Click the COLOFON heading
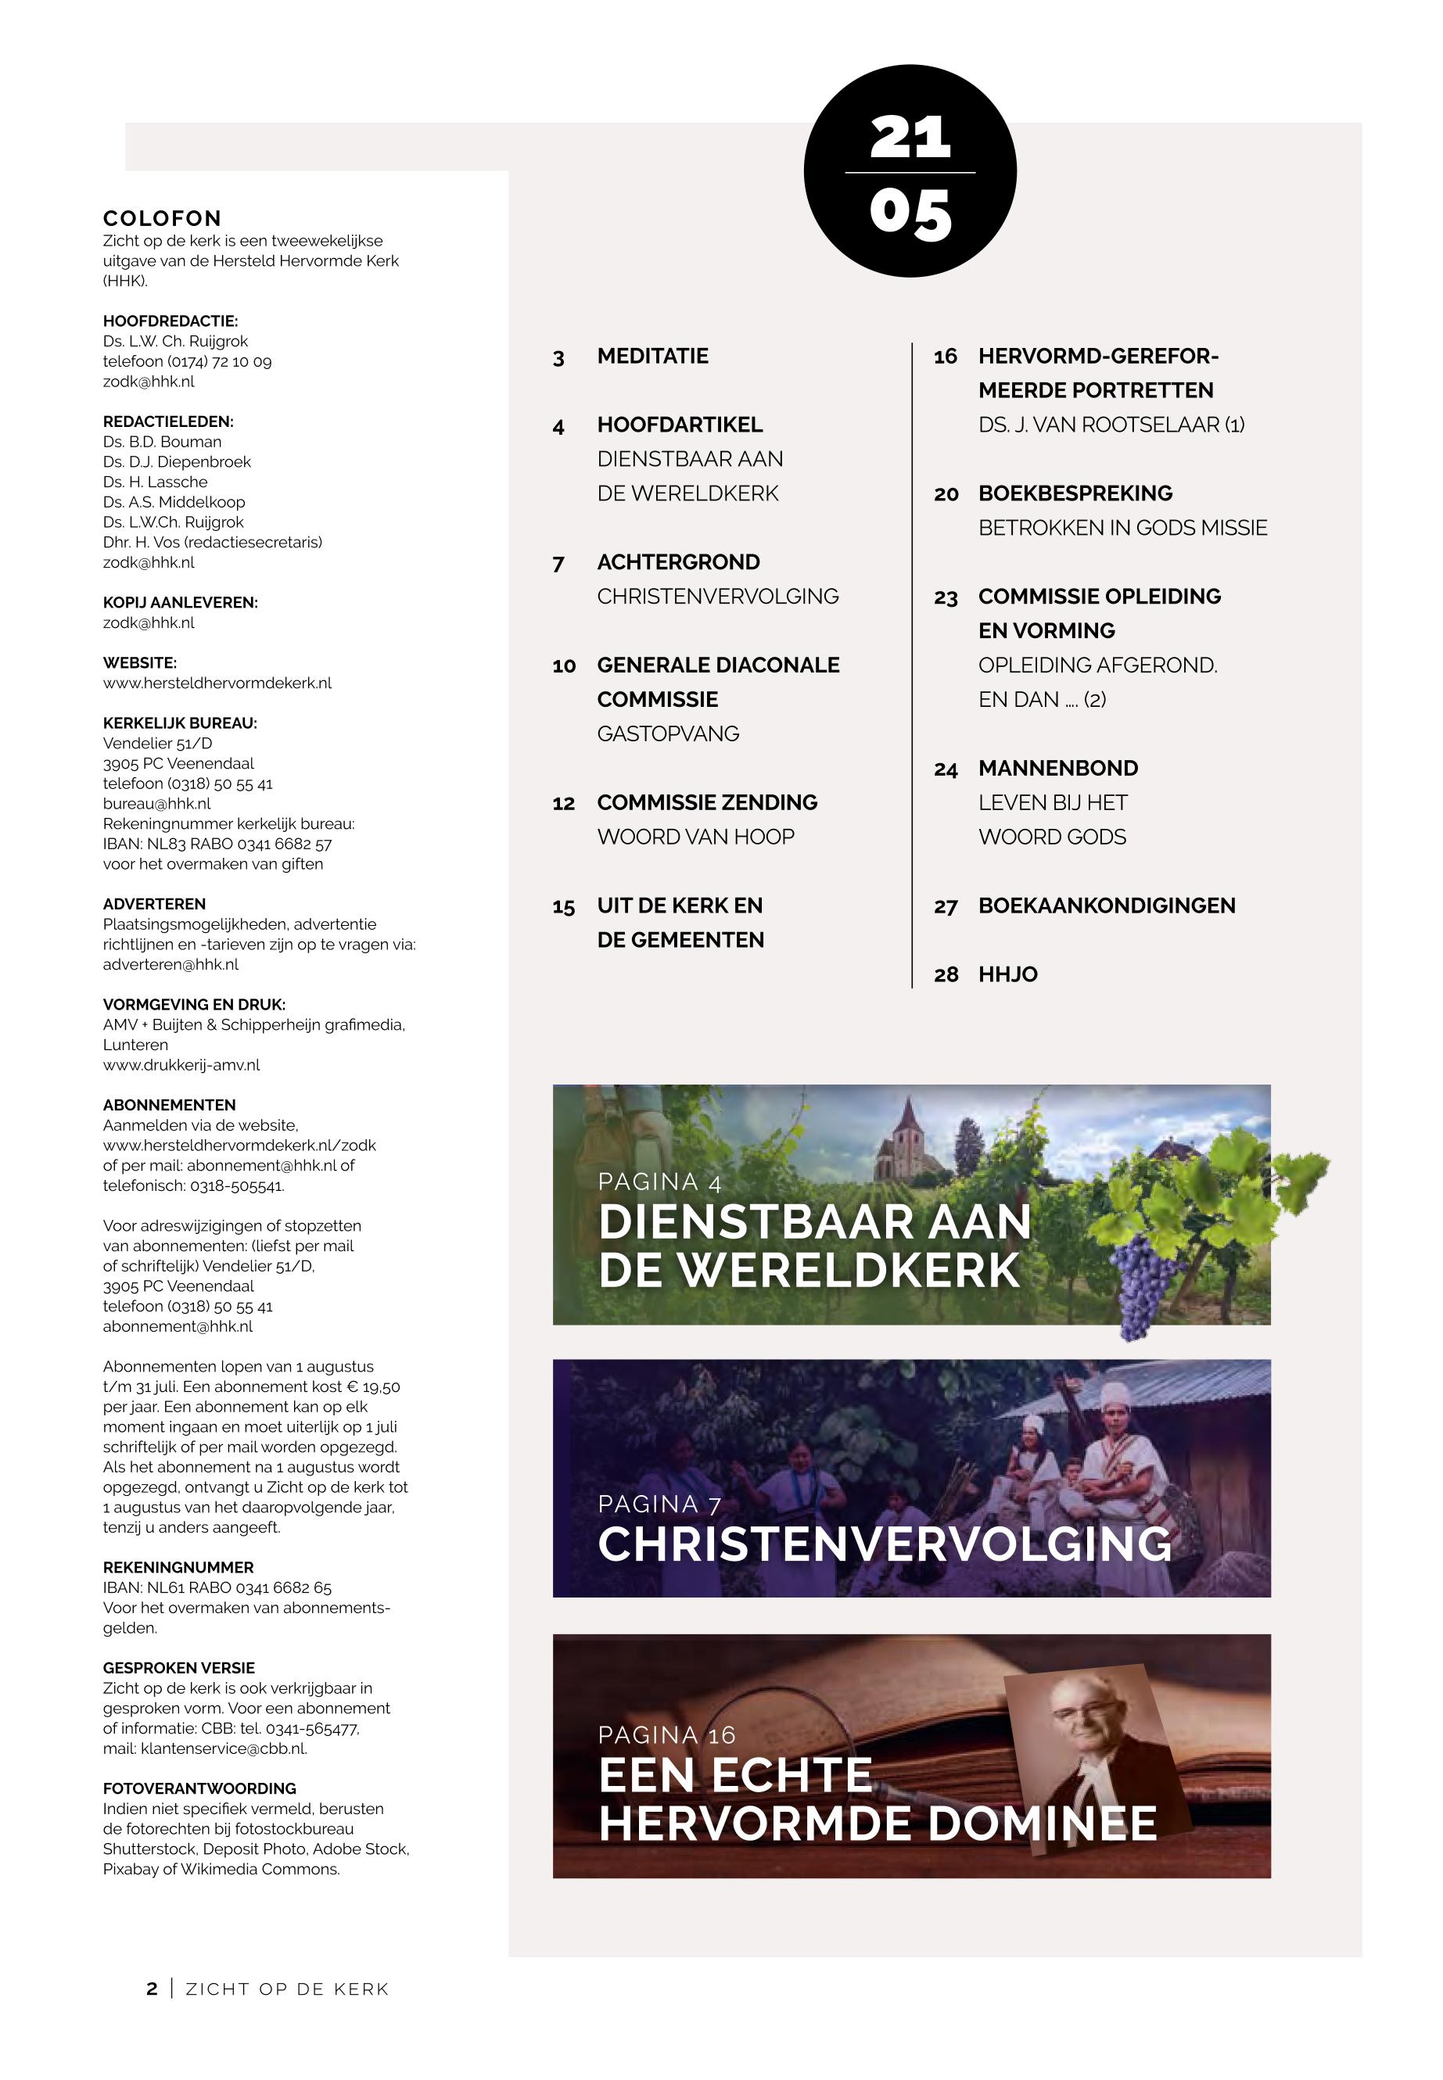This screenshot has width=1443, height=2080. point(162,218)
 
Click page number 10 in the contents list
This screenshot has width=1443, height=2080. point(564,666)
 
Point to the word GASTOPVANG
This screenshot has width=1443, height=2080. point(667,734)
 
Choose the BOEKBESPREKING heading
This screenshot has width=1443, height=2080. point(1075,493)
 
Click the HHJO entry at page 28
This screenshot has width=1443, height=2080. point(1007,974)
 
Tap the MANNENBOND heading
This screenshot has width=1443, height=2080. point(1058,769)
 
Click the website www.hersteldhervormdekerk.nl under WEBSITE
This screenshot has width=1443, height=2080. point(217,683)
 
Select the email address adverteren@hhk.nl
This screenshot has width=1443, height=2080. point(171,964)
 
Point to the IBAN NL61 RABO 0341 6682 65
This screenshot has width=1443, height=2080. point(217,1587)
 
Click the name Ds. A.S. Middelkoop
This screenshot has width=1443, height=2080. point(174,502)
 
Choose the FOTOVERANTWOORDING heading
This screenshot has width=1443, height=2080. point(199,1788)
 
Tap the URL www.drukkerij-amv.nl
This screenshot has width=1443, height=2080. point(181,1065)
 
